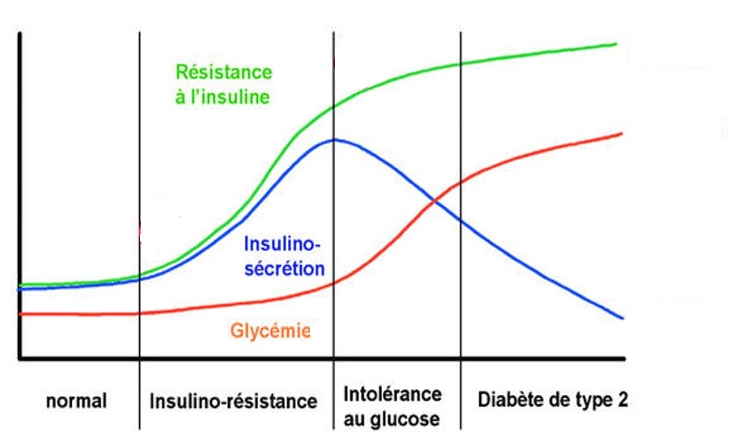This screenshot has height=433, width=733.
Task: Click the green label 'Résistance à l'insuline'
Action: (223, 84)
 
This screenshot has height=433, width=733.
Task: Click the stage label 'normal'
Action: (76, 400)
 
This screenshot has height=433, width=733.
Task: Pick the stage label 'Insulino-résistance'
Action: (233, 401)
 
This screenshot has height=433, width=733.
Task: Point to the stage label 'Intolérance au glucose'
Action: (393, 406)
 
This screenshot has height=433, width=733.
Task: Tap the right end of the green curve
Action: (617, 44)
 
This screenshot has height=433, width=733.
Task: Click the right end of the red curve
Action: (621, 132)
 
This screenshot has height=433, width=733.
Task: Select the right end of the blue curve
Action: (622, 318)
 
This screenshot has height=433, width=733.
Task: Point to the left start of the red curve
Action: (21, 313)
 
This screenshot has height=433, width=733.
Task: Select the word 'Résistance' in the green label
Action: (223, 72)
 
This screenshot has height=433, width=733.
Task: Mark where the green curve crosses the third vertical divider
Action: (461, 64)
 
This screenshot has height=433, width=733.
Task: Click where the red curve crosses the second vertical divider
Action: (334, 282)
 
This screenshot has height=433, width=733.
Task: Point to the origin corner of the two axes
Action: (20, 359)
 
